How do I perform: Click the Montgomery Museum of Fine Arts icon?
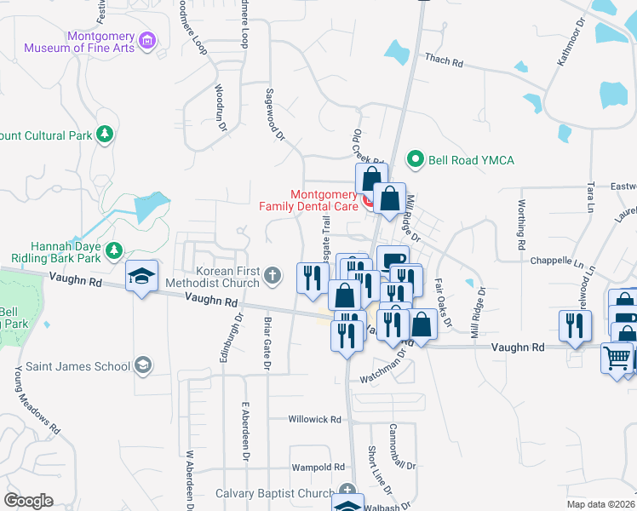pyautogui.click(x=147, y=40)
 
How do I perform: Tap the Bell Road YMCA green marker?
pyautogui.click(x=416, y=159)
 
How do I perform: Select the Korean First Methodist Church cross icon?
pyautogui.click(x=273, y=274)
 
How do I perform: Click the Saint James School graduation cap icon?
pyautogui.click(x=144, y=366)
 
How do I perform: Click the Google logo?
pyautogui.click(x=29, y=501)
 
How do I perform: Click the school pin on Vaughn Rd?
pyautogui.click(x=141, y=276)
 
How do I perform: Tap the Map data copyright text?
pyautogui.click(x=602, y=504)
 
